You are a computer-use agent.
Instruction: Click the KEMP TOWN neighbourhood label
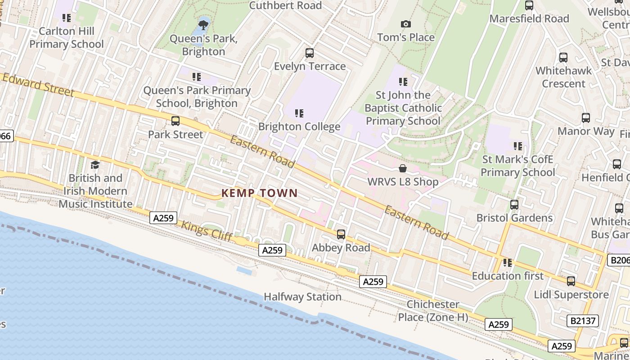coord(259,193)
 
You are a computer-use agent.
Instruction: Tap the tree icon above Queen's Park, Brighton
coord(203,23)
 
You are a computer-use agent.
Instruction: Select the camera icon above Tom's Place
coord(405,24)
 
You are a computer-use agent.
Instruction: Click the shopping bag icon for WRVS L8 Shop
coord(403,169)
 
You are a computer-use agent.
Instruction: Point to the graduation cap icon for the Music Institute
coord(95,165)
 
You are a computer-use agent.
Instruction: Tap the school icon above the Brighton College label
coord(299,113)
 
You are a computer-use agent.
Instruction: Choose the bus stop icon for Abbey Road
coord(341,234)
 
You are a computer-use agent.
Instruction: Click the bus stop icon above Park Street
coord(175,121)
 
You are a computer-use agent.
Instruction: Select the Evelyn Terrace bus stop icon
coord(310,53)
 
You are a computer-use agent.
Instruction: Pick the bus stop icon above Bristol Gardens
coord(514,205)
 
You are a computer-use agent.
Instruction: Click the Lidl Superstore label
coord(571,295)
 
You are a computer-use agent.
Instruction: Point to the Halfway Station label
coord(302,297)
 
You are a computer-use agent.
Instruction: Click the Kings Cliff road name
coord(207,231)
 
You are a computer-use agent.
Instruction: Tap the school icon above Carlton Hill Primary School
coord(67,18)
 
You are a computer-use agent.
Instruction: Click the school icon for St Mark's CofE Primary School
coord(518,146)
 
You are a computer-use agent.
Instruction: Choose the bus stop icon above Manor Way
coord(586,118)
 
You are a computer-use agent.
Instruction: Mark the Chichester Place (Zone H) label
coord(433,310)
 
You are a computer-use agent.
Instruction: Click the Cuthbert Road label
coord(285,5)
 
